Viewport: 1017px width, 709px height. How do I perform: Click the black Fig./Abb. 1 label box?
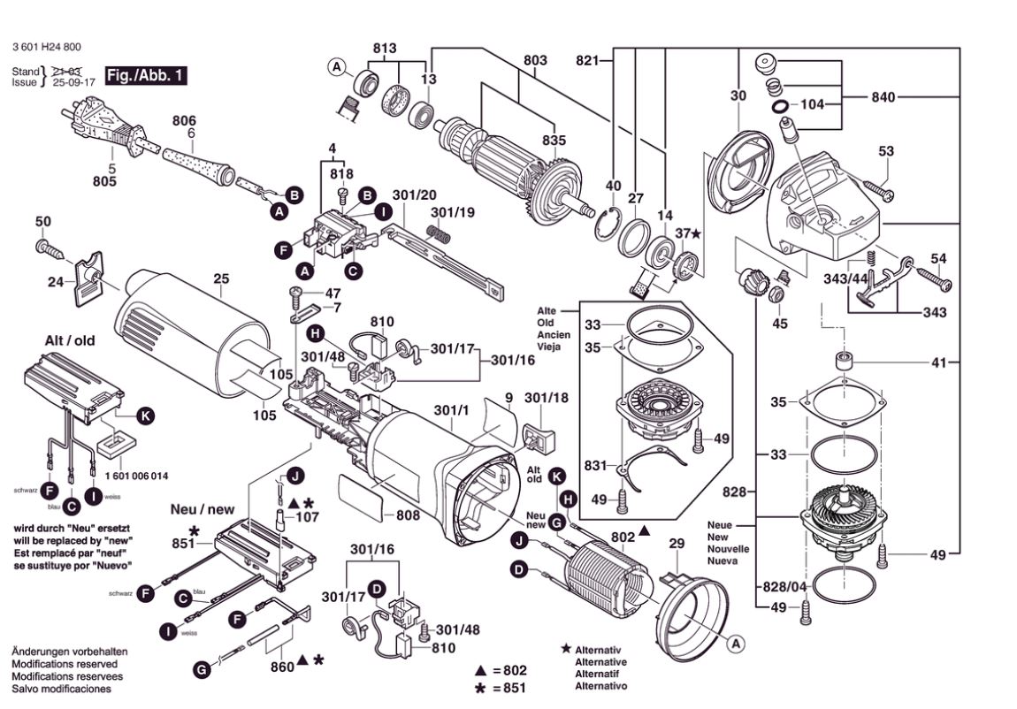145,75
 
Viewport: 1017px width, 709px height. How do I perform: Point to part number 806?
184,121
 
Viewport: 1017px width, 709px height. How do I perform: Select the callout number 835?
554,140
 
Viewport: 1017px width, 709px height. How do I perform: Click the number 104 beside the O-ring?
812,103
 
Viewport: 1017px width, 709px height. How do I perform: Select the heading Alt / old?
70,340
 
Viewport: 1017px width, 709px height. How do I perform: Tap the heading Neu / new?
203,510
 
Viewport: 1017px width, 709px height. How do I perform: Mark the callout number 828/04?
781,587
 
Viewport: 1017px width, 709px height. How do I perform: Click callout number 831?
597,464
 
